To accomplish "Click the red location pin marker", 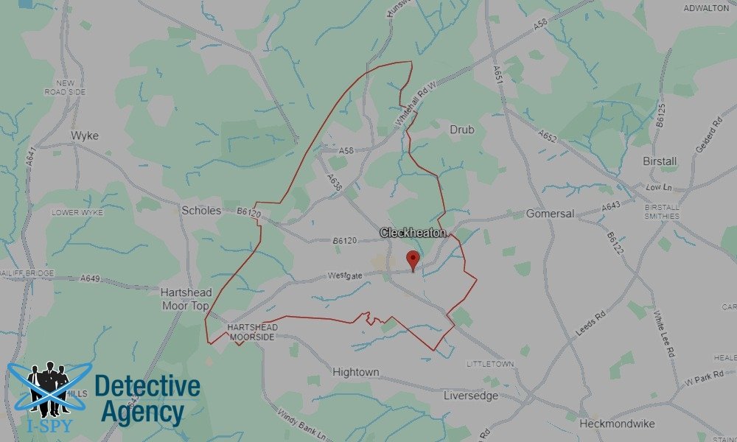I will coord(413,260).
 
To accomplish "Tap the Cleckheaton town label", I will coord(413,233).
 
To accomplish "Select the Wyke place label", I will coord(85,136).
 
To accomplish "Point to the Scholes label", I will coord(201,211).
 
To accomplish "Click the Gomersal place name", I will coord(550,214).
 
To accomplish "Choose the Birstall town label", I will coord(660,161).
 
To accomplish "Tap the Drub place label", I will coord(462,130).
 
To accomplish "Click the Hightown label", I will coord(356,372).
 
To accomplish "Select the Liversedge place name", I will coord(471,396).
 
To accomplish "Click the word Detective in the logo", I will coord(147,386).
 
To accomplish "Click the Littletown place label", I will coord(490,365).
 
